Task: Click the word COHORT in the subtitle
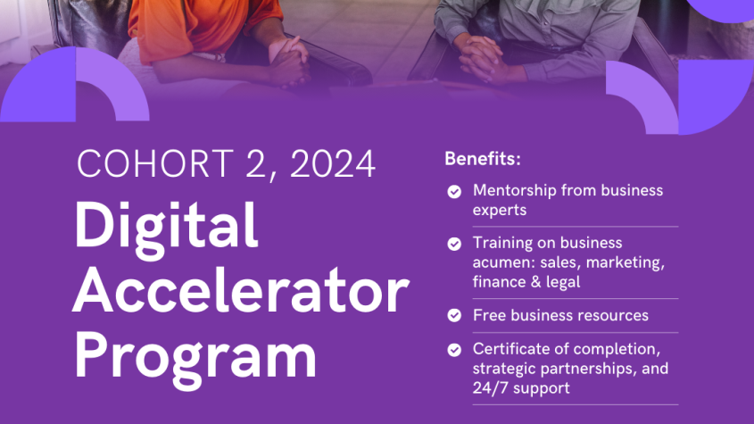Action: click(x=155, y=163)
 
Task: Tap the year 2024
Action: click(x=332, y=163)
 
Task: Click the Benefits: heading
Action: click(x=483, y=159)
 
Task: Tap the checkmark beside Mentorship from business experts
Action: click(x=454, y=192)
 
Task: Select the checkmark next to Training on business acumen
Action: click(x=454, y=244)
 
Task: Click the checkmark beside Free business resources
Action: click(x=454, y=315)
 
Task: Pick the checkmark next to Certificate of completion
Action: click(x=454, y=350)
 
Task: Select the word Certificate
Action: click(x=510, y=349)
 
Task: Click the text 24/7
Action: click(x=491, y=388)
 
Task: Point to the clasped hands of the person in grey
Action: click(x=481, y=59)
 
